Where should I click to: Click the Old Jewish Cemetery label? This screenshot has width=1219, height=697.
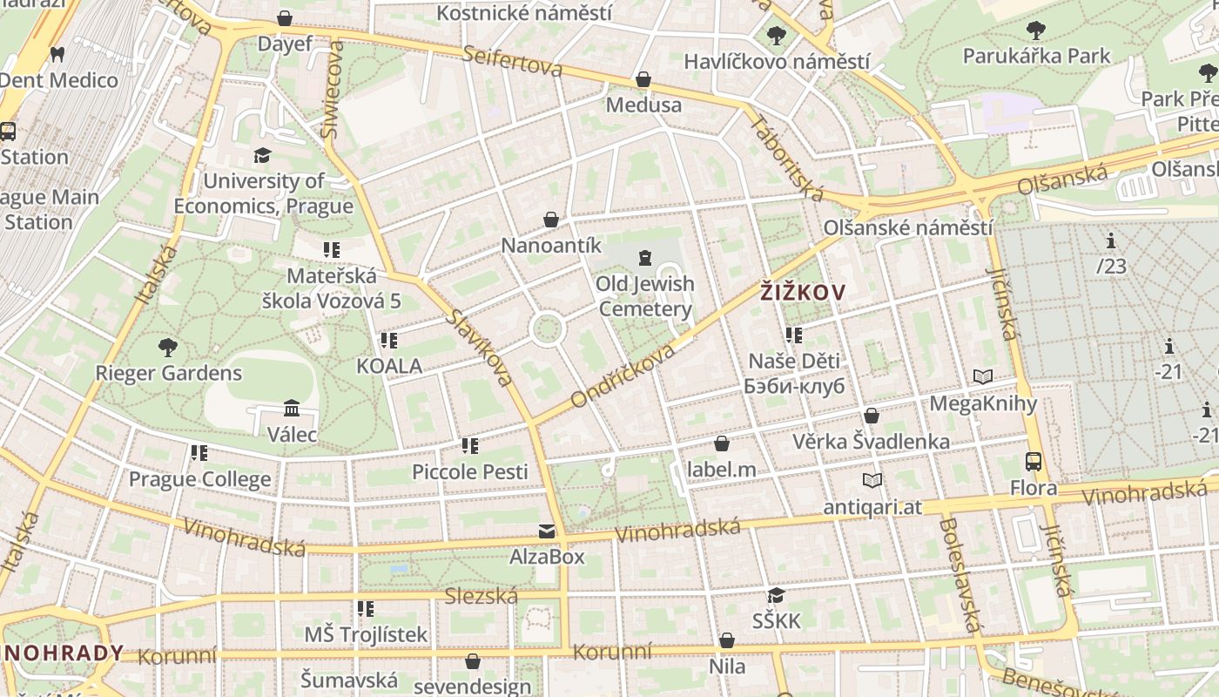point(645,296)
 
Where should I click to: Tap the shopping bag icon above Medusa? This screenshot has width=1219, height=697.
point(643,80)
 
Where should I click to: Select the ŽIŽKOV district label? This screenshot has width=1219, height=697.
point(802,293)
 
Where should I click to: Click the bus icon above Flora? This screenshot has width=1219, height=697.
point(1034,462)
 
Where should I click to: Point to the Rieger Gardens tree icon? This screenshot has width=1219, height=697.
point(168,348)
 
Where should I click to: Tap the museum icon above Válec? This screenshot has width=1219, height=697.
point(292,408)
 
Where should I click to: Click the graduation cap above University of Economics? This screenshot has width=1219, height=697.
point(262,155)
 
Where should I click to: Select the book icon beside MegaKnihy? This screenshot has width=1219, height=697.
point(983,377)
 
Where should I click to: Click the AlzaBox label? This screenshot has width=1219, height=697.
point(547,556)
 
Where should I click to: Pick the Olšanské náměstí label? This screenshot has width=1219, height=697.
point(908,228)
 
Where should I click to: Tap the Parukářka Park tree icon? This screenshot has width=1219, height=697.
point(1036,31)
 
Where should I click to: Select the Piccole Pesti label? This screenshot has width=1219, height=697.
point(470,471)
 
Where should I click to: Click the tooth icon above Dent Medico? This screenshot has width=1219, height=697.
point(58,54)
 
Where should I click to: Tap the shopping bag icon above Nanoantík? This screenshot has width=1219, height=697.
point(551,220)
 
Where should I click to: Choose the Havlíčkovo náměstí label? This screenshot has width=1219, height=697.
point(777,61)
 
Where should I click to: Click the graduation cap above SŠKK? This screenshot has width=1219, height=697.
point(776,595)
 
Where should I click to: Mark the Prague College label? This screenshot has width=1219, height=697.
point(200,479)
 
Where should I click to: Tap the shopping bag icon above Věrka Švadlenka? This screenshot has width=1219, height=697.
point(871,416)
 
